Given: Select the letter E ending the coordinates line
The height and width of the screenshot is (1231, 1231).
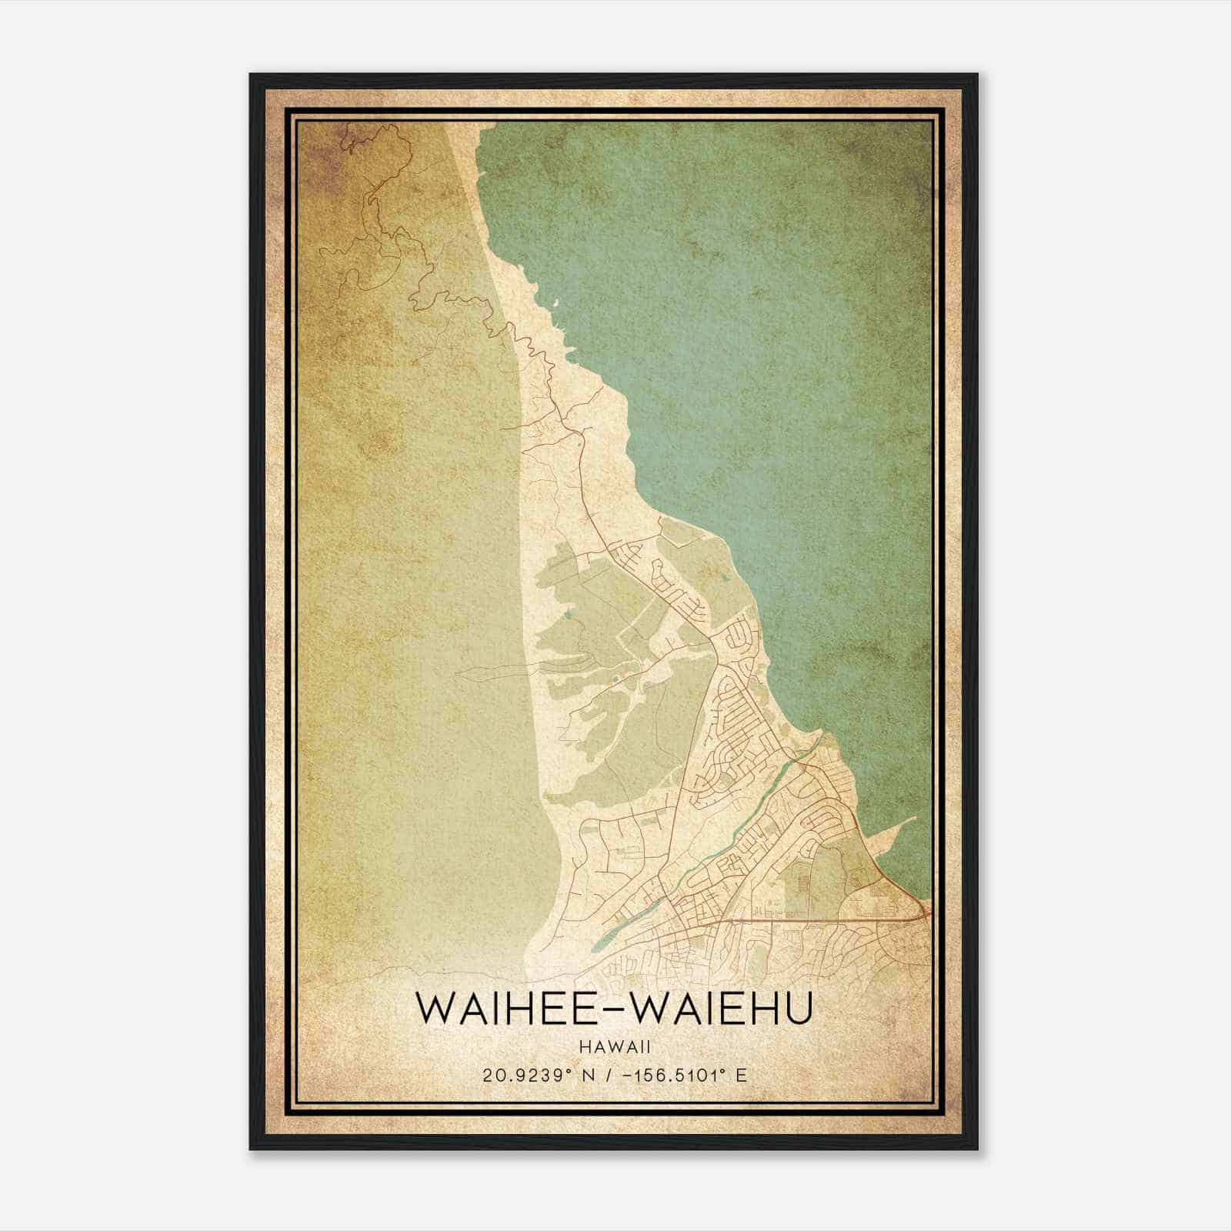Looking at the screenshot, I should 741,1075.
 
